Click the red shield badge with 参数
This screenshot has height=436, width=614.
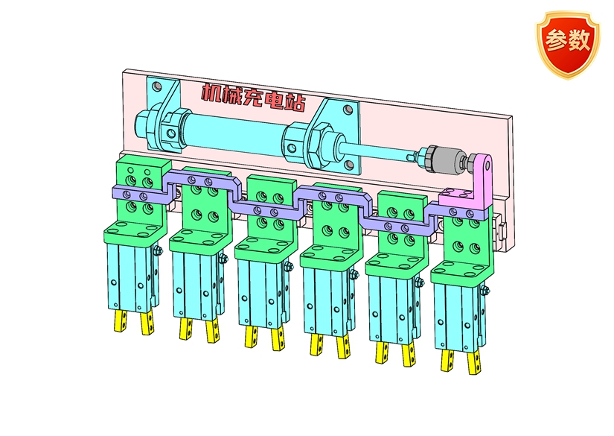[x=567, y=44]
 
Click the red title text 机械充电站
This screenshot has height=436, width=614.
[x=254, y=98]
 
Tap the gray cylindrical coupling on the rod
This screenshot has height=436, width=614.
[x=447, y=159]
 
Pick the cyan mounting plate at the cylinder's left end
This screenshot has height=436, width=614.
[x=164, y=114]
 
